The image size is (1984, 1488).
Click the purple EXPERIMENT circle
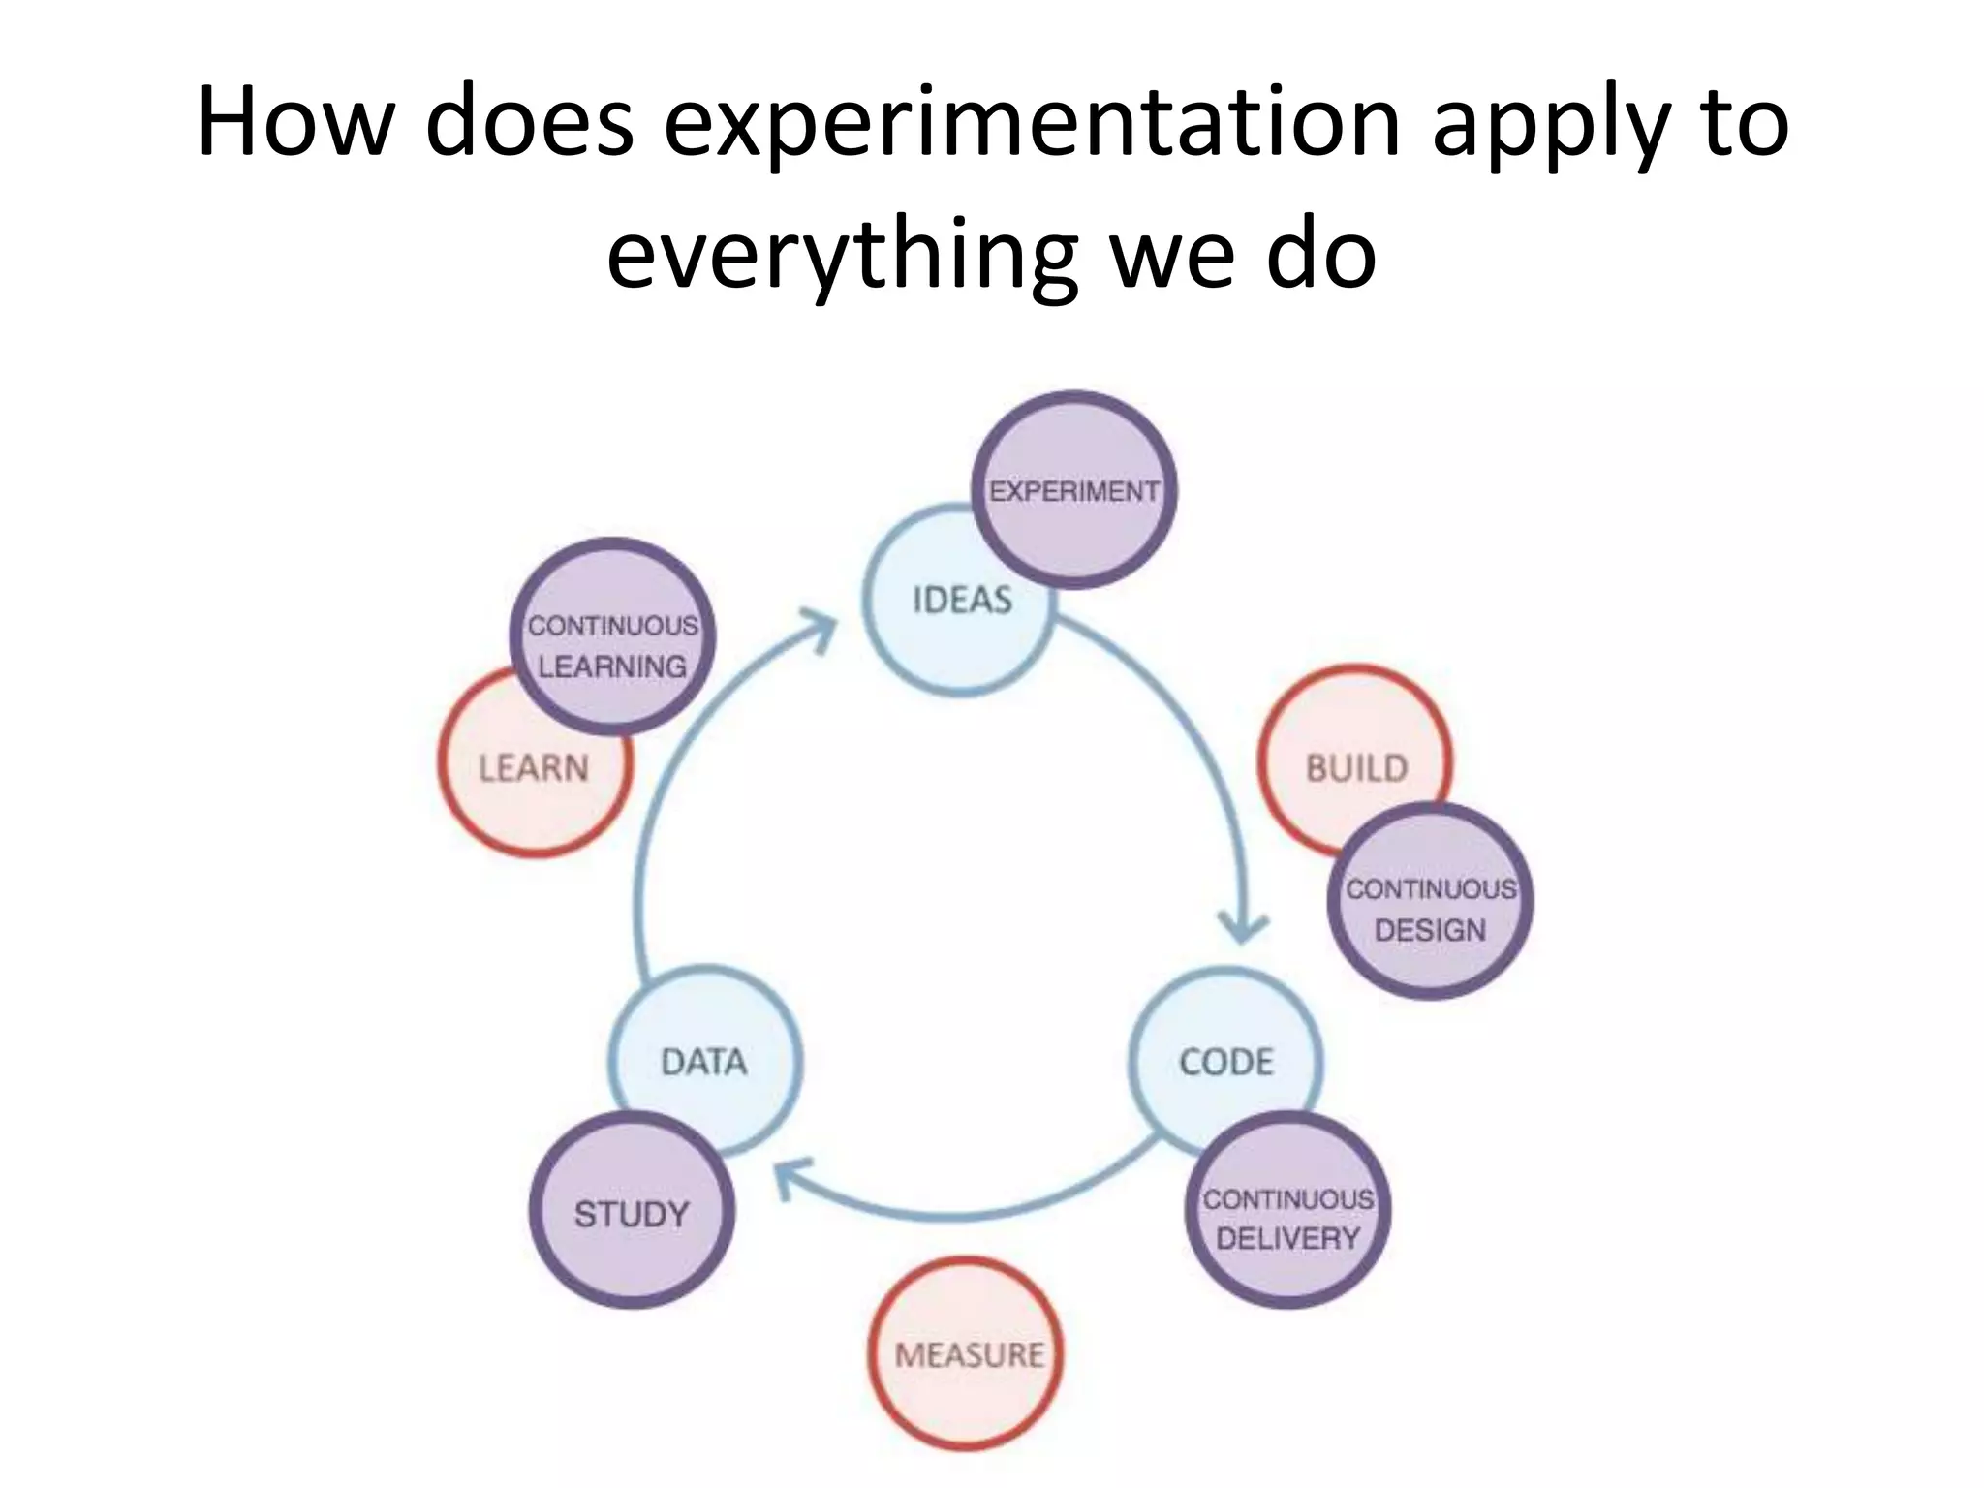[1073, 490]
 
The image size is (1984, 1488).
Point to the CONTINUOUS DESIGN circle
[1431, 901]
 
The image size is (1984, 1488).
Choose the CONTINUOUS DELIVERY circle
[1288, 1211]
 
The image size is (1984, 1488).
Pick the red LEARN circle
[518, 775]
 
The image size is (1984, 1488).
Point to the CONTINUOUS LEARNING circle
[612, 637]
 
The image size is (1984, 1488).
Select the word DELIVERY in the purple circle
[1288, 1238]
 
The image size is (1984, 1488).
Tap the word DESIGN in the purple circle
[1430, 930]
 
